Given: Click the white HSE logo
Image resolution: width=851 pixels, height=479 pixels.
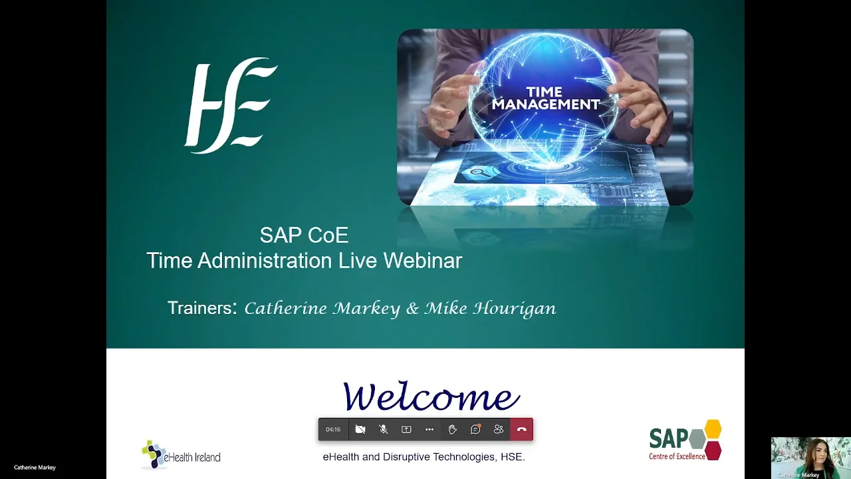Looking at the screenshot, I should tap(231, 105).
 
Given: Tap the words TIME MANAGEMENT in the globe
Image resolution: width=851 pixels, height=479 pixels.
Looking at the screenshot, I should tap(545, 98).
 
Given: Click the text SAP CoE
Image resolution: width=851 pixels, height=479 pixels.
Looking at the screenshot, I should tap(304, 235).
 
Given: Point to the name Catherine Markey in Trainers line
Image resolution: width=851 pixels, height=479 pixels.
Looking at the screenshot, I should tap(322, 309).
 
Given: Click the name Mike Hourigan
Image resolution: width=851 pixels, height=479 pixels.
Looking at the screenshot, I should tap(490, 309).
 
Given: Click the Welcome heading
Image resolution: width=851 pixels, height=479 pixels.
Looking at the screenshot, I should tap(431, 397).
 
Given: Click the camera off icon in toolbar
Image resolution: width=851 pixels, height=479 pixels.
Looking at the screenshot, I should tap(360, 430).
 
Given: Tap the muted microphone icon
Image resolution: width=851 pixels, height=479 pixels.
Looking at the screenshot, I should tap(384, 430).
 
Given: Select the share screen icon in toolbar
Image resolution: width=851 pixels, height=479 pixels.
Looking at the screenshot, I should tap(406, 430).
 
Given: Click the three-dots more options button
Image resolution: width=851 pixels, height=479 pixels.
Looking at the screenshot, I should tap(429, 430).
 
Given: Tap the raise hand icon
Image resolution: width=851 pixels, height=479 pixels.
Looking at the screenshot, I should tap(452, 430).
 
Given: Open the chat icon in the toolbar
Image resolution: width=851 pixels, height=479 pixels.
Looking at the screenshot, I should tap(475, 430).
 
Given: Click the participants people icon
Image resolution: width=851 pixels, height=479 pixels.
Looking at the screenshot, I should tap(499, 430).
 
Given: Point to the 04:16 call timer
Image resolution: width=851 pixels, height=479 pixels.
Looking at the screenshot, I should tap(333, 430).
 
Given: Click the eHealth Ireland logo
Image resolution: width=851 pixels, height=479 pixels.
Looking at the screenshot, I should tap(181, 456).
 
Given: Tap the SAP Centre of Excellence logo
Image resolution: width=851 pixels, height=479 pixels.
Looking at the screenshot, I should tap(685, 440).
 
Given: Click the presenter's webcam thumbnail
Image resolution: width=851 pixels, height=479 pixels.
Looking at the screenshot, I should tap(810, 458).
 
